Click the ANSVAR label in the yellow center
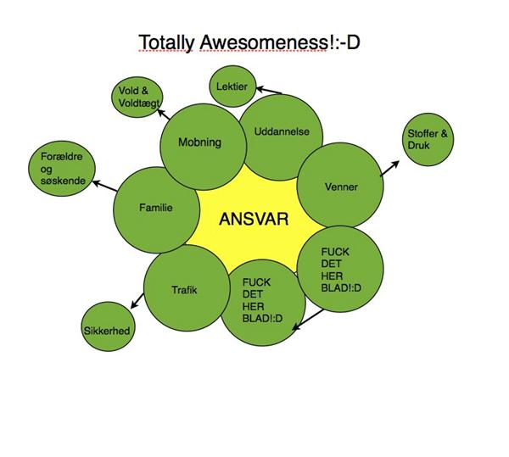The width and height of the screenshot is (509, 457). click(x=254, y=219)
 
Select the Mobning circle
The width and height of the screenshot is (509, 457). click(x=200, y=144)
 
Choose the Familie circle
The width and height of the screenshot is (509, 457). click(x=155, y=209)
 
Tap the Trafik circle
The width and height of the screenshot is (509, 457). click(x=184, y=290)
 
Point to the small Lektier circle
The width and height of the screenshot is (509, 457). click(x=232, y=86)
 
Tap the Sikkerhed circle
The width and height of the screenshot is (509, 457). click(x=106, y=329)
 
